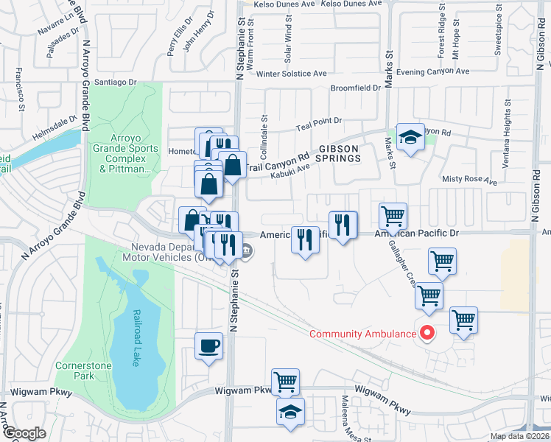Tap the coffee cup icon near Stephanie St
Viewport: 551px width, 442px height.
pos(209,345)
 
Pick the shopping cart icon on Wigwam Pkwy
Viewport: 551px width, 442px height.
pos(285,382)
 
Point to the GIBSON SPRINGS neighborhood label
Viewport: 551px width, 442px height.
pos(337,153)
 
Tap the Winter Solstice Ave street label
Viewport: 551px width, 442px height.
pos(291,74)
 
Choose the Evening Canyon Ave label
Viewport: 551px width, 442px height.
pos(432,72)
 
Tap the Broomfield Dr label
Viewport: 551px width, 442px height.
pos(355,88)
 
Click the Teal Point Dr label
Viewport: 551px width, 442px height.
pos(319,122)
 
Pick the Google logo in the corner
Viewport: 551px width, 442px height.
pos(24,434)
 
